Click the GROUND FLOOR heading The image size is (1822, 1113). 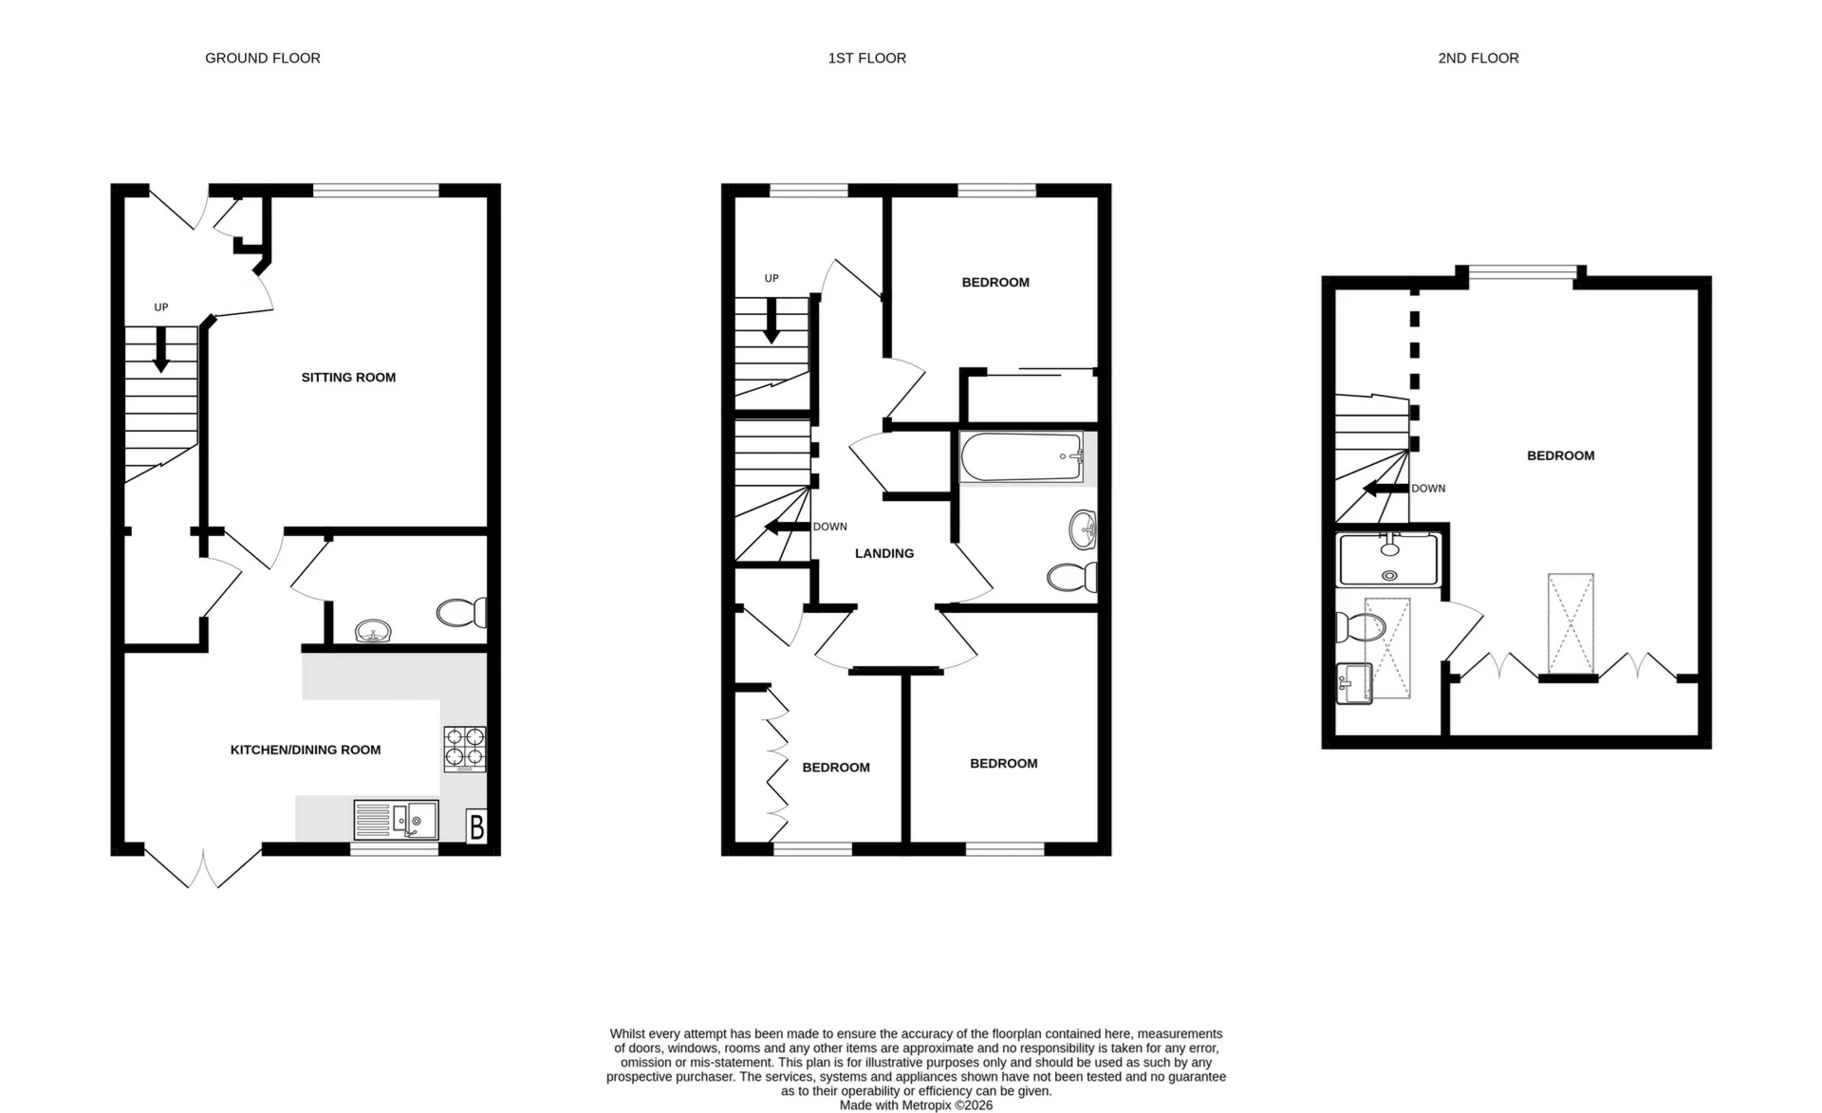(x=263, y=58)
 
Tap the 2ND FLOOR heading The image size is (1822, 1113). (x=1478, y=58)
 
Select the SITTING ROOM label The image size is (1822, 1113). (x=348, y=378)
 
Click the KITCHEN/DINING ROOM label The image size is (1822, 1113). (x=306, y=750)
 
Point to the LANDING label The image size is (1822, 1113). (x=884, y=553)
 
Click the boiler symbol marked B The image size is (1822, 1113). (x=476, y=826)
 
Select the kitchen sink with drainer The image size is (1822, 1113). (x=397, y=820)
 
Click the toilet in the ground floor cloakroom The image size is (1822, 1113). (x=461, y=612)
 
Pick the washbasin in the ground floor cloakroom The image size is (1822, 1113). (x=374, y=631)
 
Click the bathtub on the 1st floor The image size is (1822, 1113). (x=1021, y=457)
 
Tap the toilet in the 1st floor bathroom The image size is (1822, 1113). (x=1072, y=577)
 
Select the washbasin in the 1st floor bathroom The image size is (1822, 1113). (x=1083, y=529)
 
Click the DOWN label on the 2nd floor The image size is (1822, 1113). (x=1428, y=489)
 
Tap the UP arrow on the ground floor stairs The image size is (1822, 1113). (x=161, y=348)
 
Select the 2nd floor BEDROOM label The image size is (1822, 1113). (x=1560, y=455)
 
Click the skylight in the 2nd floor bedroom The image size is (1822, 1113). (x=1571, y=623)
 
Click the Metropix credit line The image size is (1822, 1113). (x=916, y=1105)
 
